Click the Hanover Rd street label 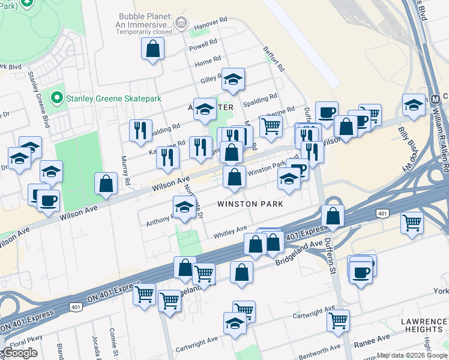[214, 20]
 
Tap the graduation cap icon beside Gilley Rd [233, 79]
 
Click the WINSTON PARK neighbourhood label [250, 204]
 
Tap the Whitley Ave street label [231, 231]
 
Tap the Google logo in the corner [20, 353]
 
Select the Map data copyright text [411, 355]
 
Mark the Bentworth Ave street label [320, 349]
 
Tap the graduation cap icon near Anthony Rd [184, 207]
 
